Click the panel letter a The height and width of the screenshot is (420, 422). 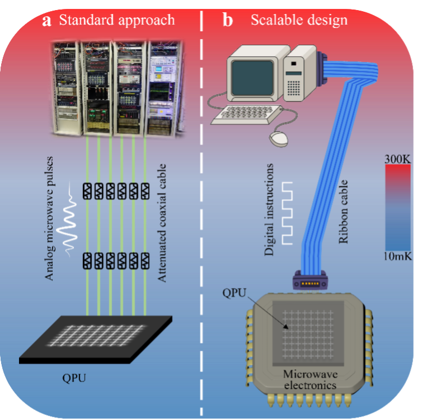click(47, 21)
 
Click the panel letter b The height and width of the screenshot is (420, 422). click(228, 21)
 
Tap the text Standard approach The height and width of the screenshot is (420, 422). click(117, 21)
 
